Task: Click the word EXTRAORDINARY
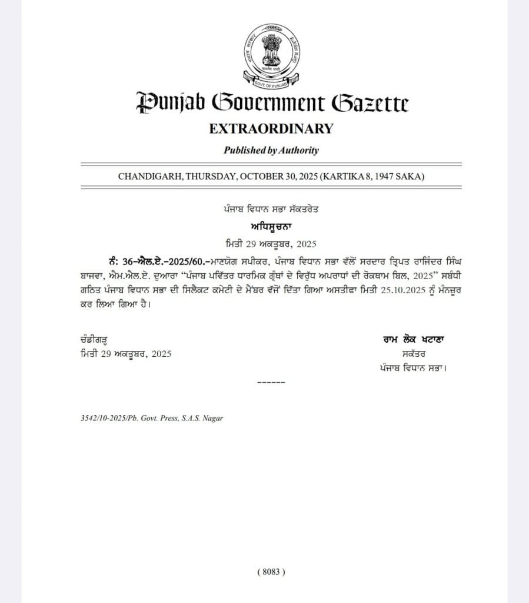271,128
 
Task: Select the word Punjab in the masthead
170,104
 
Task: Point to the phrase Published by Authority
271,150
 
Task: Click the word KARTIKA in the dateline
358,176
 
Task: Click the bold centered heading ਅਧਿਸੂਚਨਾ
271,226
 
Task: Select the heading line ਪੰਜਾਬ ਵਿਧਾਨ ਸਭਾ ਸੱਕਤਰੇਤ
271,209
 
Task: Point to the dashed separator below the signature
271,383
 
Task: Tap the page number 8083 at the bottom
271,571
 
